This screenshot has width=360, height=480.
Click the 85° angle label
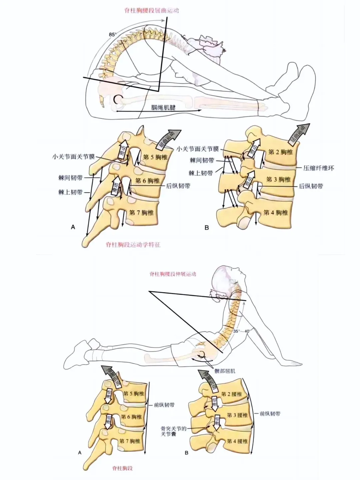click(x=113, y=34)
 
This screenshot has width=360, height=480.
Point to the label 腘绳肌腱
click(x=163, y=107)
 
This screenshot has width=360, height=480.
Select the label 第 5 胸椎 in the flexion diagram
click(x=155, y=157)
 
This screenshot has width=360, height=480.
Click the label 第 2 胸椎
click(x=280, y=152)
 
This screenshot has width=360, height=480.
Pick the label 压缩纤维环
click(x=318, y=168)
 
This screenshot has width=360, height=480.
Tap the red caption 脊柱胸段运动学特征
click(x=133, y=245)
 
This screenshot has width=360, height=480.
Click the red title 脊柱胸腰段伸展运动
click(x=173, y=274)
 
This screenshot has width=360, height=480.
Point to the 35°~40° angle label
click(x=242, y=331)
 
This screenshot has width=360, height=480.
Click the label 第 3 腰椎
click(x=237, y=415)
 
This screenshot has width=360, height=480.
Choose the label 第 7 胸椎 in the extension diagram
click(x=130, y=441)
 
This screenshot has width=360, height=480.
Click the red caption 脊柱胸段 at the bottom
click(x=122, y=468)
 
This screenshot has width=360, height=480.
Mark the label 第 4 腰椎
click(x=237, y=441)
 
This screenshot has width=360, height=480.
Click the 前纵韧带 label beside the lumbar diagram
click(x=270, y=414)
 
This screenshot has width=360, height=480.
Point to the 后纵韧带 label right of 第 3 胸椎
click(x=311, y=186)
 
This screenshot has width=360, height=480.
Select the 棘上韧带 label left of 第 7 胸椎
click(x=70, y=192)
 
